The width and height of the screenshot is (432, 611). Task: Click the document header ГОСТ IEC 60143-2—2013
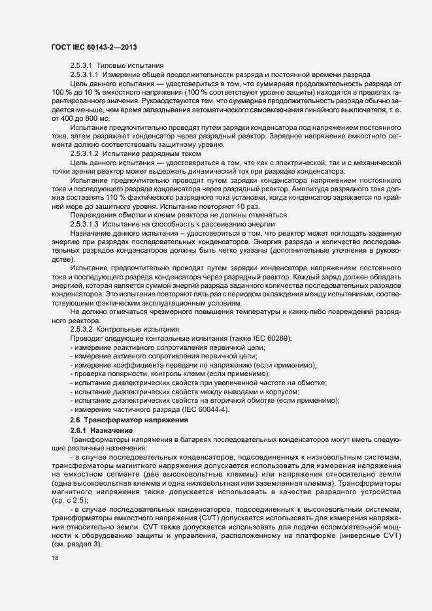click(92, 48)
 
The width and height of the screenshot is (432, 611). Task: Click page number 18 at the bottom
click(54, 559)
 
